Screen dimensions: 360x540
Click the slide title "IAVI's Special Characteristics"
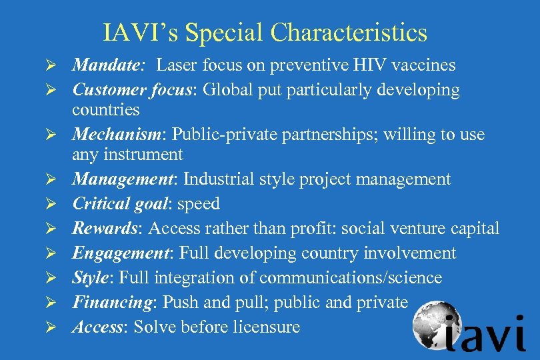tap(265, 32)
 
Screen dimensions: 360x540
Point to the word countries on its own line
tap(106, 109)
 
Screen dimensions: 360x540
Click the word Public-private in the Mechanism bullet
tap(219, 135)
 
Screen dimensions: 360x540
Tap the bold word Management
tap(123, 179)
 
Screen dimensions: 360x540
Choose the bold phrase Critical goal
tap(119, 204)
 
